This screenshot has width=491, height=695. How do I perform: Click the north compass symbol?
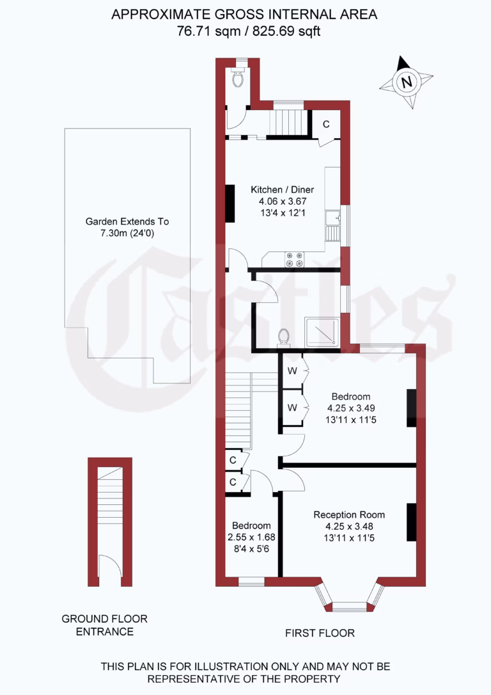[x=405, y=82]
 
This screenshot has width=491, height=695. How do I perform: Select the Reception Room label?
[x=349, y=515]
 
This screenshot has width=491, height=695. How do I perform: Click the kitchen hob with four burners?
[x=295, y=259]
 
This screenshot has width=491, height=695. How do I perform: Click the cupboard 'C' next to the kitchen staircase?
[x=325, y=124]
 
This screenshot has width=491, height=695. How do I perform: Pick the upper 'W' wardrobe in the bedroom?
[x=292, y=371]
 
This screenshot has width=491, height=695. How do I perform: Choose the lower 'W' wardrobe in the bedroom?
[x=292, y=407]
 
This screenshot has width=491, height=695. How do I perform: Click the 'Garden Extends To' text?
[x=127, y=222]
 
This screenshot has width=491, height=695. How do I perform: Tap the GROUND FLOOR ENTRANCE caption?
[x=105, y=625]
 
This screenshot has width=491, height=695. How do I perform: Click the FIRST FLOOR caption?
[x=320, y=633]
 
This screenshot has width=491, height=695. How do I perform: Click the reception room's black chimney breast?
[x=411, y=522]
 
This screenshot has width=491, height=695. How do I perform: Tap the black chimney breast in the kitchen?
[x=230, y=204]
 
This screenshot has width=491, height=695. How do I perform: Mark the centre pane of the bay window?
[x=348, y=605]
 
